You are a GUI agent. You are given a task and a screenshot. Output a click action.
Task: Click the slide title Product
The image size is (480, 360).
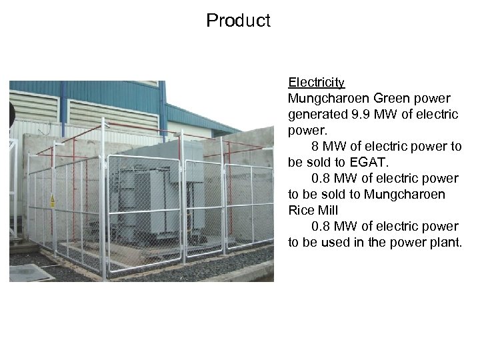tap(238, 21)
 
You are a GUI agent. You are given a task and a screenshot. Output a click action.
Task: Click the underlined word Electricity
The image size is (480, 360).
tap(316, 83)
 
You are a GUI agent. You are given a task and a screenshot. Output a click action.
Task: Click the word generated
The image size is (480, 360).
tap(315, 115)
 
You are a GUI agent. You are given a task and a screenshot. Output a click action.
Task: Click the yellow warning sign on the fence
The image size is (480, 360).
tap(52, 199)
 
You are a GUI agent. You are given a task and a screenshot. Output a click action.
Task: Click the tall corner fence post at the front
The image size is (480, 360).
tap(103, 200)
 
